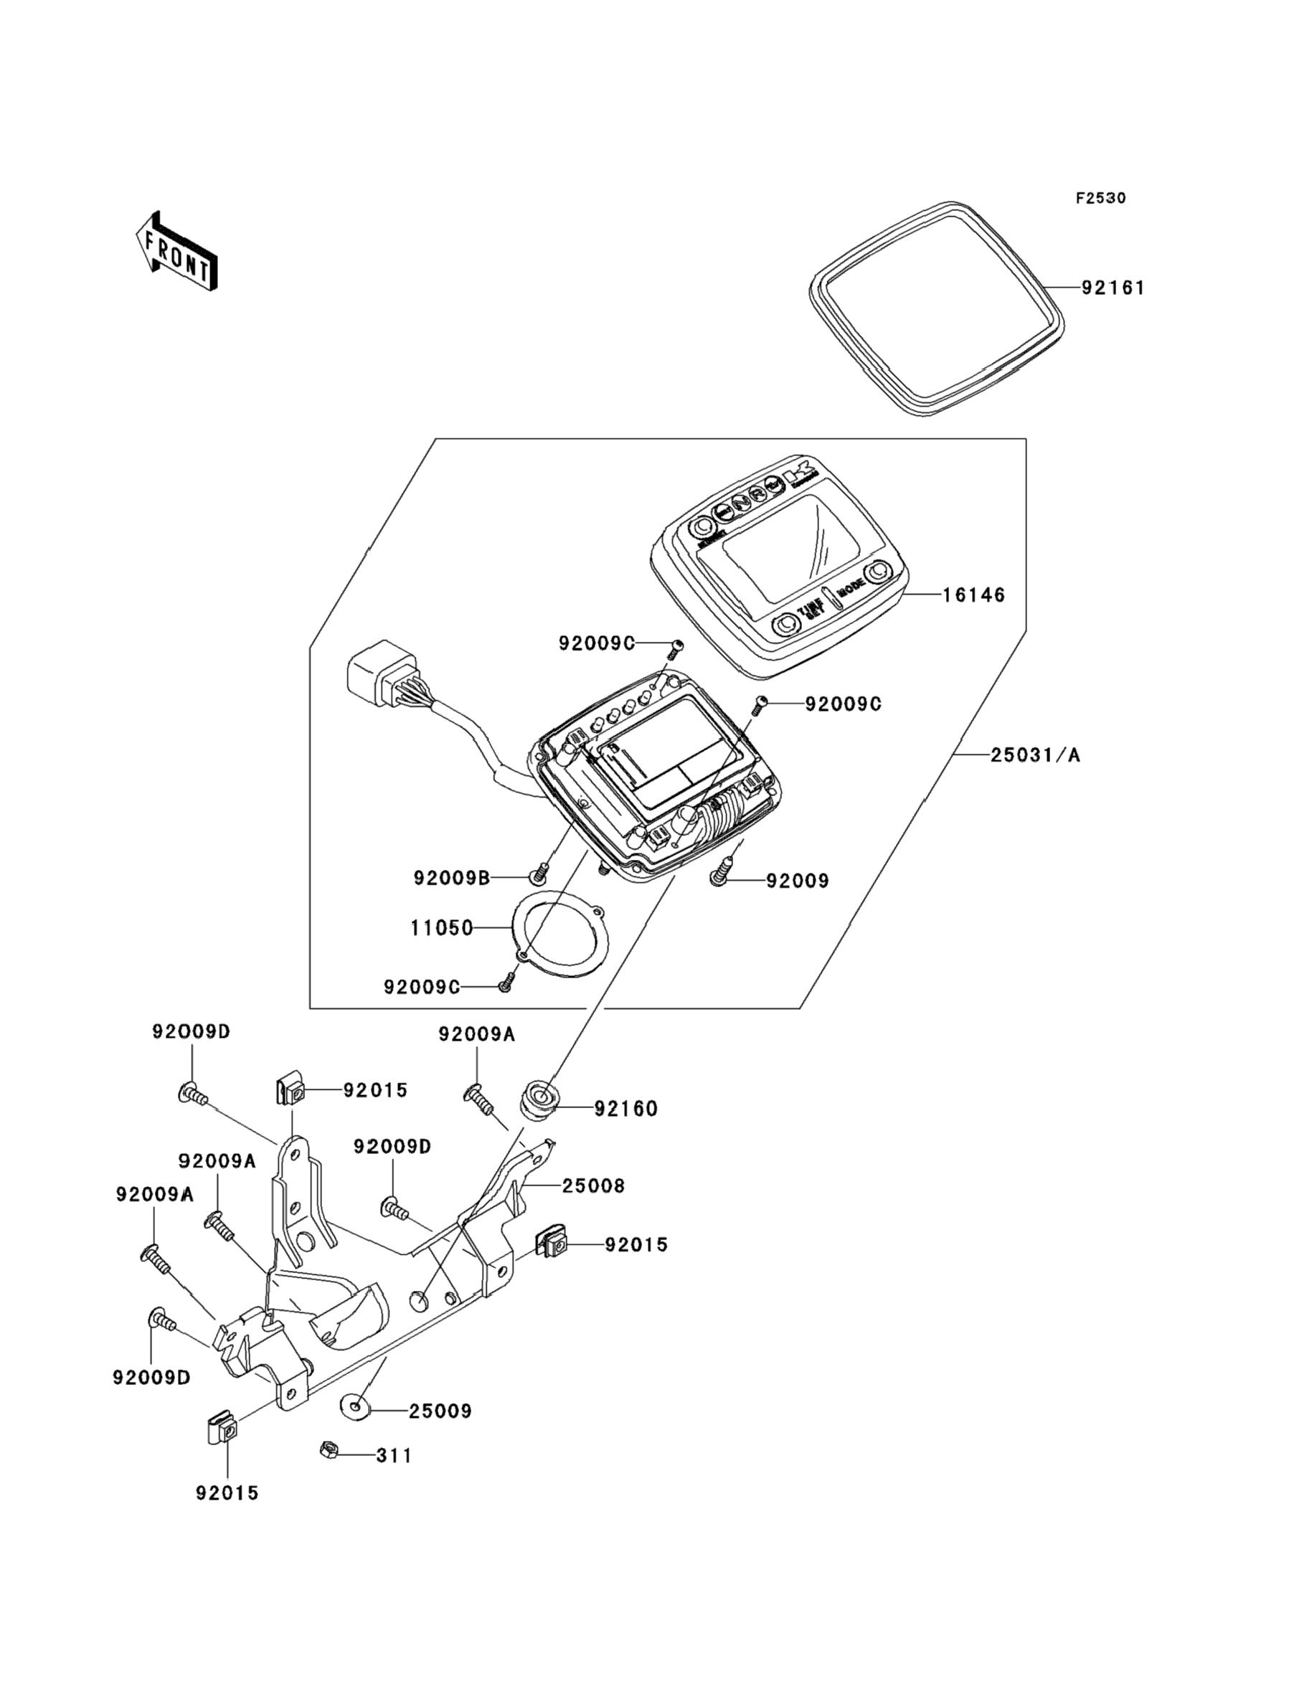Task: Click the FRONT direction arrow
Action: pyautogui.click(x=176, y=252)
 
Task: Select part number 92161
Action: pyautogui.click(x=1113, y=288)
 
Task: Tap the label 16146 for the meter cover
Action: pyautogui.click(x=974, y=595)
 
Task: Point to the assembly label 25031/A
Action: pyautogui.click(x=1035, y=755)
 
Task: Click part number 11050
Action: pyautogui.click(x=441, y=929)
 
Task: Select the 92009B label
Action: pyautogui.click(x=451, y=878)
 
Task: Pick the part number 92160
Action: pyautogui.click(x=625, y=1109)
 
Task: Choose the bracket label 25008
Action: pyautogui.click(x=593, y=1186)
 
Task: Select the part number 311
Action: pyautogui.click(x=394, y=1456)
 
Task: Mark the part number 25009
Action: pyautogui.click(x=440, y=1411)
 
